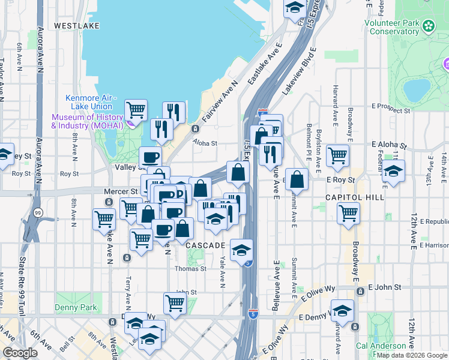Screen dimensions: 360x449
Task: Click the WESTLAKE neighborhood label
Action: pos(73,26)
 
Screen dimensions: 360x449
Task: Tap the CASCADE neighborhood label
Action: pos(205,246)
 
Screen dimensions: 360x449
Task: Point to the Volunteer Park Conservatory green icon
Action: pos(429,26)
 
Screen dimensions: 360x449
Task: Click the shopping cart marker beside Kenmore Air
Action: pos(136,109)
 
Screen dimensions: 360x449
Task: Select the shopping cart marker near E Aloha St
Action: pos(338,155)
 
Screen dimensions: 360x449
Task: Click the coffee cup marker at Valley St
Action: pos(151,157)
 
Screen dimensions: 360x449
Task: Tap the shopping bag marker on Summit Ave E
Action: pos(297,178)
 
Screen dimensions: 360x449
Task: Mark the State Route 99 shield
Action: pos(38,212)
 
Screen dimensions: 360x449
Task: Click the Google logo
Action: pos(20,353)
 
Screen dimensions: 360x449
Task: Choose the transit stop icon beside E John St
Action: pos(360,291)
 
